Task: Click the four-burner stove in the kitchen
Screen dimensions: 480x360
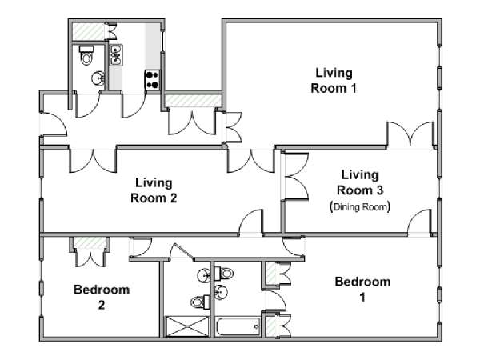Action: tap(153, 80)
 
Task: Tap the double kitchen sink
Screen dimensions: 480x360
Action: tap(116, 55)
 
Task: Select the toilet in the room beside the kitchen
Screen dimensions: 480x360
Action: tap(86, 54)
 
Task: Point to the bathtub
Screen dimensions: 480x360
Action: tap(238, 326)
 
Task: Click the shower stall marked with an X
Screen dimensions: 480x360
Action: tap(187, 326)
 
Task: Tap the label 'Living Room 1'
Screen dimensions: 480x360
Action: tap(334, 81)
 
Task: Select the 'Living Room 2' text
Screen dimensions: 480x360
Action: tap(154, 190)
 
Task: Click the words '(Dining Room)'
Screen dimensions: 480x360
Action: tap(360, 207)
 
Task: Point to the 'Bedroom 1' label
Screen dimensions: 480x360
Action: tap(362, 290)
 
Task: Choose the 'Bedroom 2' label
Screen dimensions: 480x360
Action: tap(102, 298)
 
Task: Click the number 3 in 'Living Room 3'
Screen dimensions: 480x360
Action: tap(379, 190)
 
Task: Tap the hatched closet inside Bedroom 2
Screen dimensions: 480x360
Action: tap(90, 242)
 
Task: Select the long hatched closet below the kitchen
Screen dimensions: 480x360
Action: tap(193, 101)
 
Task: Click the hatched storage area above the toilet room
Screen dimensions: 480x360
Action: tap(89, 31)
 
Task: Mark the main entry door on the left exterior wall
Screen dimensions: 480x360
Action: tap(54, 125)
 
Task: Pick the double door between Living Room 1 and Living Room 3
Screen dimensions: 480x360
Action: tap(410, 134)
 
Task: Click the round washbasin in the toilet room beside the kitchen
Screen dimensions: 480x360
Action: tap(98, 79)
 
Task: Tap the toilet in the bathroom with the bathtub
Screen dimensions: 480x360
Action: tap(224, 273)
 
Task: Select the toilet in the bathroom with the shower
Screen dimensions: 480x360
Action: tap(200, 302)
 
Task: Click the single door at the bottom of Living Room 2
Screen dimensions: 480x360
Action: tap(250, 222)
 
